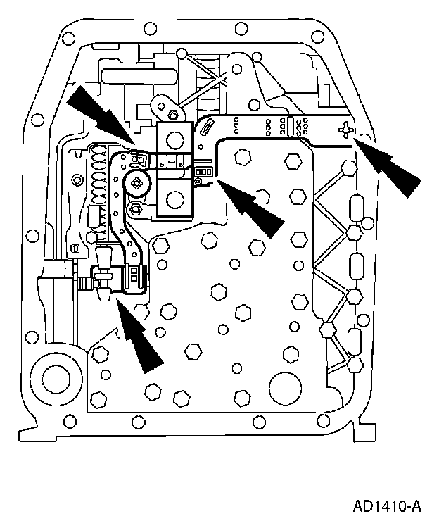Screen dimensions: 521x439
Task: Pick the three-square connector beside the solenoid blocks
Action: click(203, 171)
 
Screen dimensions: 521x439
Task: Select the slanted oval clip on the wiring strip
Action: click(209, 127)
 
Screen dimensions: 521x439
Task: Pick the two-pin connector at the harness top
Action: click(139, 160)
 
